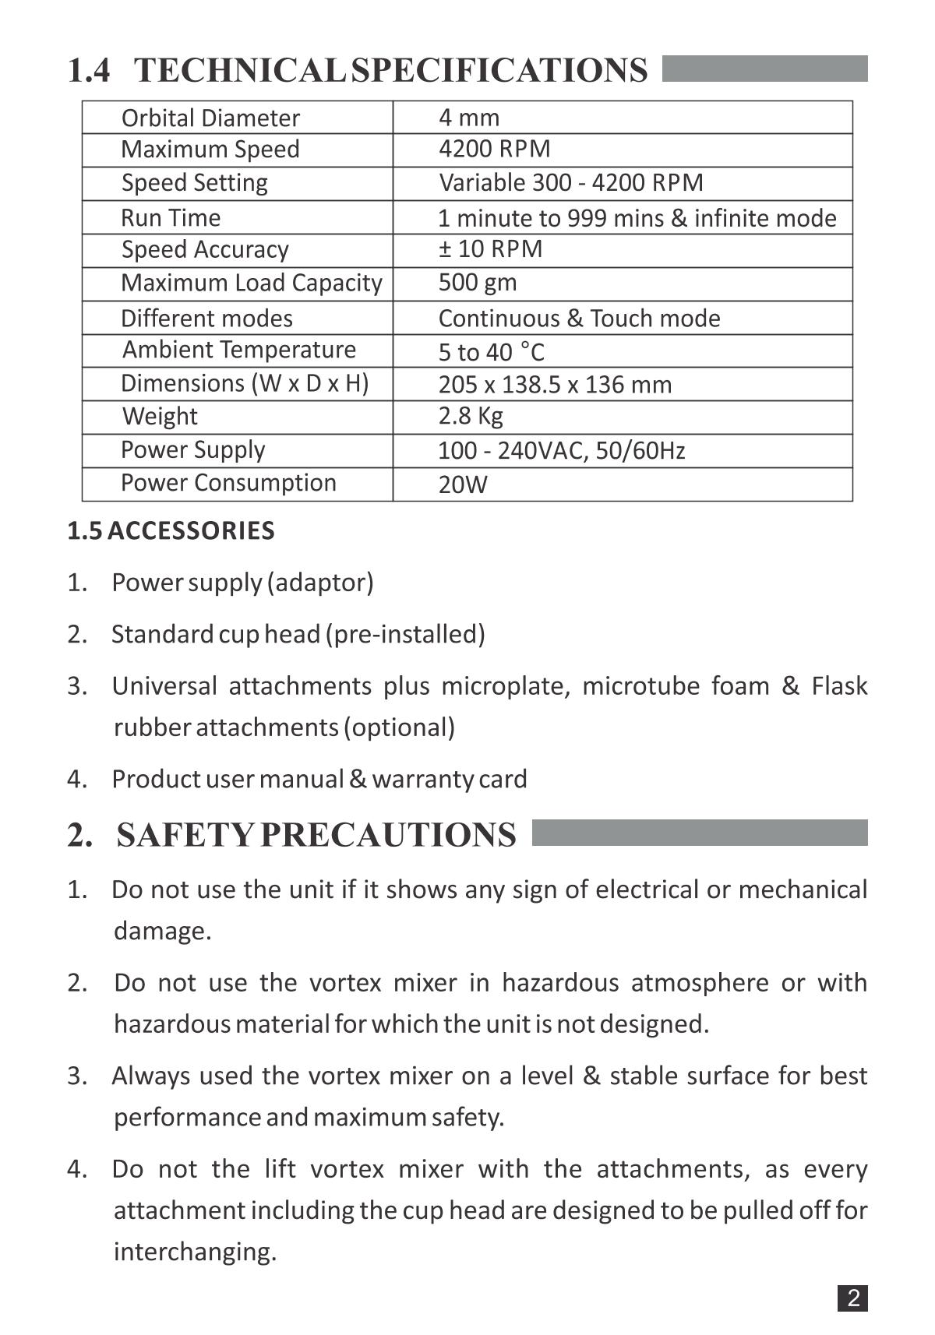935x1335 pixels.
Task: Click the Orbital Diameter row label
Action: tap(210, 118)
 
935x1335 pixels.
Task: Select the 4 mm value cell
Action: tap(469, 118)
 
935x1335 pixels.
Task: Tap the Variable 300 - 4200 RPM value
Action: tap(570, 183)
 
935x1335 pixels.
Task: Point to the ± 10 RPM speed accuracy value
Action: tap(490, 249)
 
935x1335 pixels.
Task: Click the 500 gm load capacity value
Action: tap(477, 283)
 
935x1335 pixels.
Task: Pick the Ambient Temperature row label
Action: tap(238, 350)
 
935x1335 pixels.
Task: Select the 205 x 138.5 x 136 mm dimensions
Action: tap(554, 385)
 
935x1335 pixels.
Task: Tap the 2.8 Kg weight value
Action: tap(471, 416)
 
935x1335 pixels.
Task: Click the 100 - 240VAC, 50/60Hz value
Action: tap(561, 451)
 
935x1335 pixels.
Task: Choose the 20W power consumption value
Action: tap(463, 484)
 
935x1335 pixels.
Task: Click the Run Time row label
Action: tap(171, 218)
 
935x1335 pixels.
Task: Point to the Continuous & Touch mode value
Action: tap(579, 319)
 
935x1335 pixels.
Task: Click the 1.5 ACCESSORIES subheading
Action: tap(171, 530)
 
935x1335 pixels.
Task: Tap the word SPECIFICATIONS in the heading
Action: tap(499, 70)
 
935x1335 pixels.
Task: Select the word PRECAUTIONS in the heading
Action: tap(388, 835)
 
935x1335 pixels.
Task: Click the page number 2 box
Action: tap(852, 1298)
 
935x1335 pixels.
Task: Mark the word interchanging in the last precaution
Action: tap(195, 1252)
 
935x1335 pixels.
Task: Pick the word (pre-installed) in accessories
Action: tap(405, 634)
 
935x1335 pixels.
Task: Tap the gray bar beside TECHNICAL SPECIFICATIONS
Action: tap(764, 69)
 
